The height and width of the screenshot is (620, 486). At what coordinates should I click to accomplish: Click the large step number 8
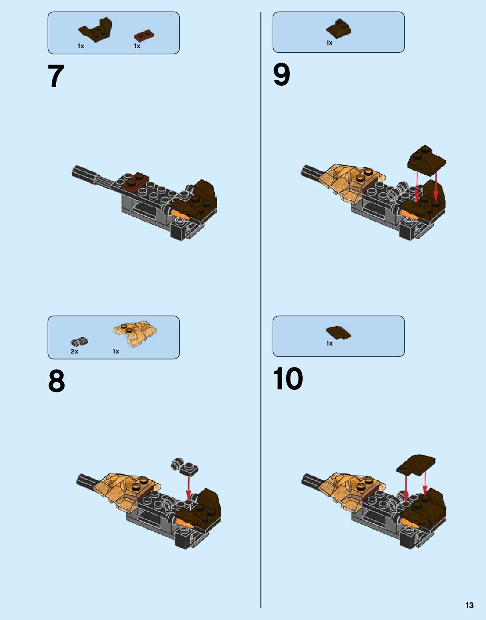tap(57, 381)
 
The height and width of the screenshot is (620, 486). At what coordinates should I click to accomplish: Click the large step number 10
tap(288, 378)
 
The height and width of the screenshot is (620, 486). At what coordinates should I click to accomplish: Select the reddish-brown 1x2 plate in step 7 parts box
tap(144, 35)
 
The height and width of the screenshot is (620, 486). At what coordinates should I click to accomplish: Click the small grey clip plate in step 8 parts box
tap(79, 341)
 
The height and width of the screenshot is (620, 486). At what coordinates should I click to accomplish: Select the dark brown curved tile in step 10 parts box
tap(339, 333)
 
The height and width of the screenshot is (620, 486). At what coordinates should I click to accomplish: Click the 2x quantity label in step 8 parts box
tap(74, 351)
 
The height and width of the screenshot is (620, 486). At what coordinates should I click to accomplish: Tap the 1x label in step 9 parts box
tap(329, 43)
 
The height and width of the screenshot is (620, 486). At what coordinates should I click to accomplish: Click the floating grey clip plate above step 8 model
tap(185, 466)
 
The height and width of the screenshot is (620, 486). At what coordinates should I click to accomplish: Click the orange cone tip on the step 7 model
tap(179, 214)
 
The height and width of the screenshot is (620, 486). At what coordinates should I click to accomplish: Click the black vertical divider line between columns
tap(261, 310)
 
